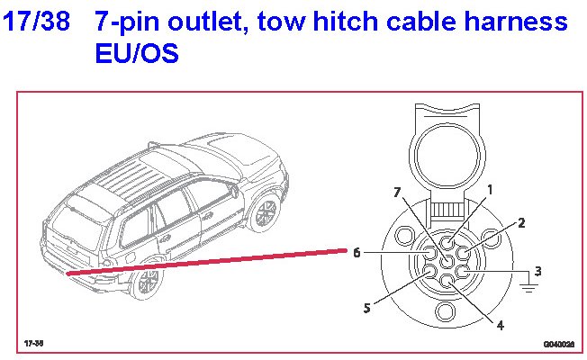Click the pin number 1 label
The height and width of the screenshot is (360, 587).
coord(490,190)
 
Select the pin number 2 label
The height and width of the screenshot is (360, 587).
coord(521,222)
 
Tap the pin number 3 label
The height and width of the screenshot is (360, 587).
coord(537,271)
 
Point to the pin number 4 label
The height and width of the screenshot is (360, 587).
coord(501,324)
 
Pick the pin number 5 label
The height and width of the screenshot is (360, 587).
coord(366,308)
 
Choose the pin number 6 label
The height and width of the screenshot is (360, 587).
coord(357,253)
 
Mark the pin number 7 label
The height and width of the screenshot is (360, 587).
coord(398,193)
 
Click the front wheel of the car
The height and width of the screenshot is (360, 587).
coord(264,212)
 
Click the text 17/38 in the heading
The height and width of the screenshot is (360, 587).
coord(36,22)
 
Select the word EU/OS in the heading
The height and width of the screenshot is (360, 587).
coord(136,54)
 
